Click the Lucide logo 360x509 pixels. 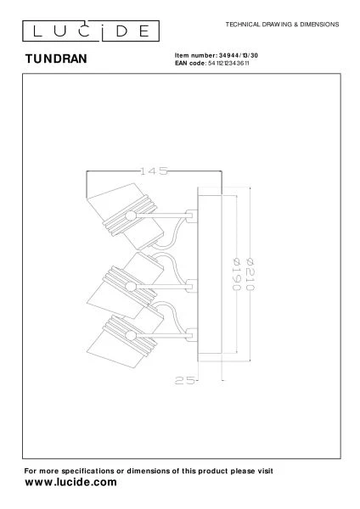tap(91, 31)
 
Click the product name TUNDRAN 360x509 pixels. tap(56, 59)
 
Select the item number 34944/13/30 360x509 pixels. tap(238, 55)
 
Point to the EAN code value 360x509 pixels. tap(228, 64)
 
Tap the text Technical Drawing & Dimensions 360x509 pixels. tap(282, 25)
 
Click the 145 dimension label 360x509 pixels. tap(154, 171)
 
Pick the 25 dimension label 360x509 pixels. tap(185, 380)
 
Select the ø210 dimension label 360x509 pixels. tap(250, 274)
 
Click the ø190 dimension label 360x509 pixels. tap(237, 274)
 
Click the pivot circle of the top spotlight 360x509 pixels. tap(131, 215)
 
